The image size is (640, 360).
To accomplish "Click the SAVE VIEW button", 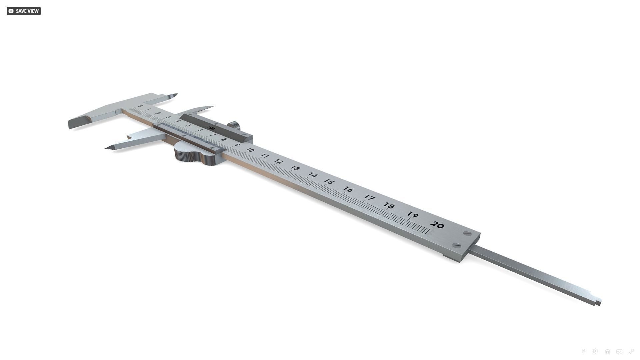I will [23, 11].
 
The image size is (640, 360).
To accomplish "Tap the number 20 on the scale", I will [437, 225].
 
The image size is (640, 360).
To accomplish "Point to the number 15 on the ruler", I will [329, 182].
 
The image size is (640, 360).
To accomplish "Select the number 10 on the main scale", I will [250, 150].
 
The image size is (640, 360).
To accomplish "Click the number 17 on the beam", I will [369, 197].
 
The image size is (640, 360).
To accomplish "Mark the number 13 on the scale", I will [295, 168].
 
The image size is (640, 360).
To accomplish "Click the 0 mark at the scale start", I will [140, 106].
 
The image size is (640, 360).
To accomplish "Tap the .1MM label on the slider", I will [211, 128].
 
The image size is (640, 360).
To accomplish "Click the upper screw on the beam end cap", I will [467, 234].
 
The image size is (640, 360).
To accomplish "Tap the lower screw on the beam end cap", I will [457, 246].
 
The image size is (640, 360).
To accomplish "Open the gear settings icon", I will [595, 351].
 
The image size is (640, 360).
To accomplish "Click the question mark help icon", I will [583, 351].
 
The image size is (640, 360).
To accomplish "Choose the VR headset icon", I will [619, 351].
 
